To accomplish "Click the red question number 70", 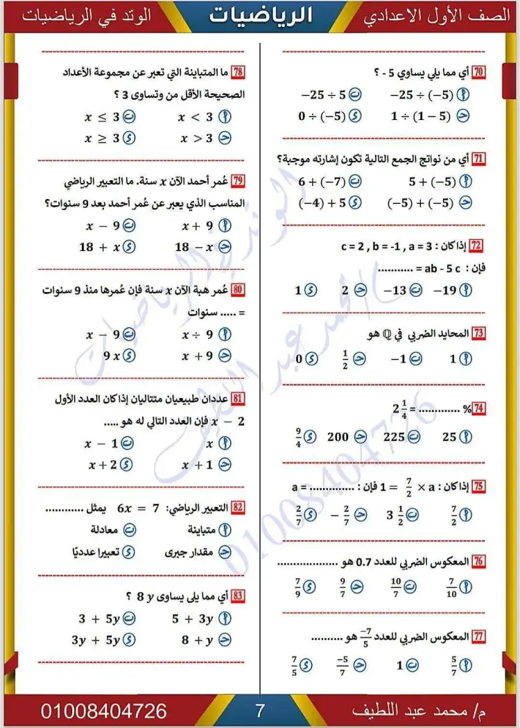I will point(478,71).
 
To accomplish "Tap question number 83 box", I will point(238,596).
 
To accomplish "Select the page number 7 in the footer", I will point(259,710).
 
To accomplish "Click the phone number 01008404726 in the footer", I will point(104,711).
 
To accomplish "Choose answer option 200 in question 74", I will point(338,437).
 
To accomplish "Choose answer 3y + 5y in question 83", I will point(96,640).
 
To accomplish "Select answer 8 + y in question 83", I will point(198,640).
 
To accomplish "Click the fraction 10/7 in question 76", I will point(396,587).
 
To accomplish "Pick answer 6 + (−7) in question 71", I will point(321,182).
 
